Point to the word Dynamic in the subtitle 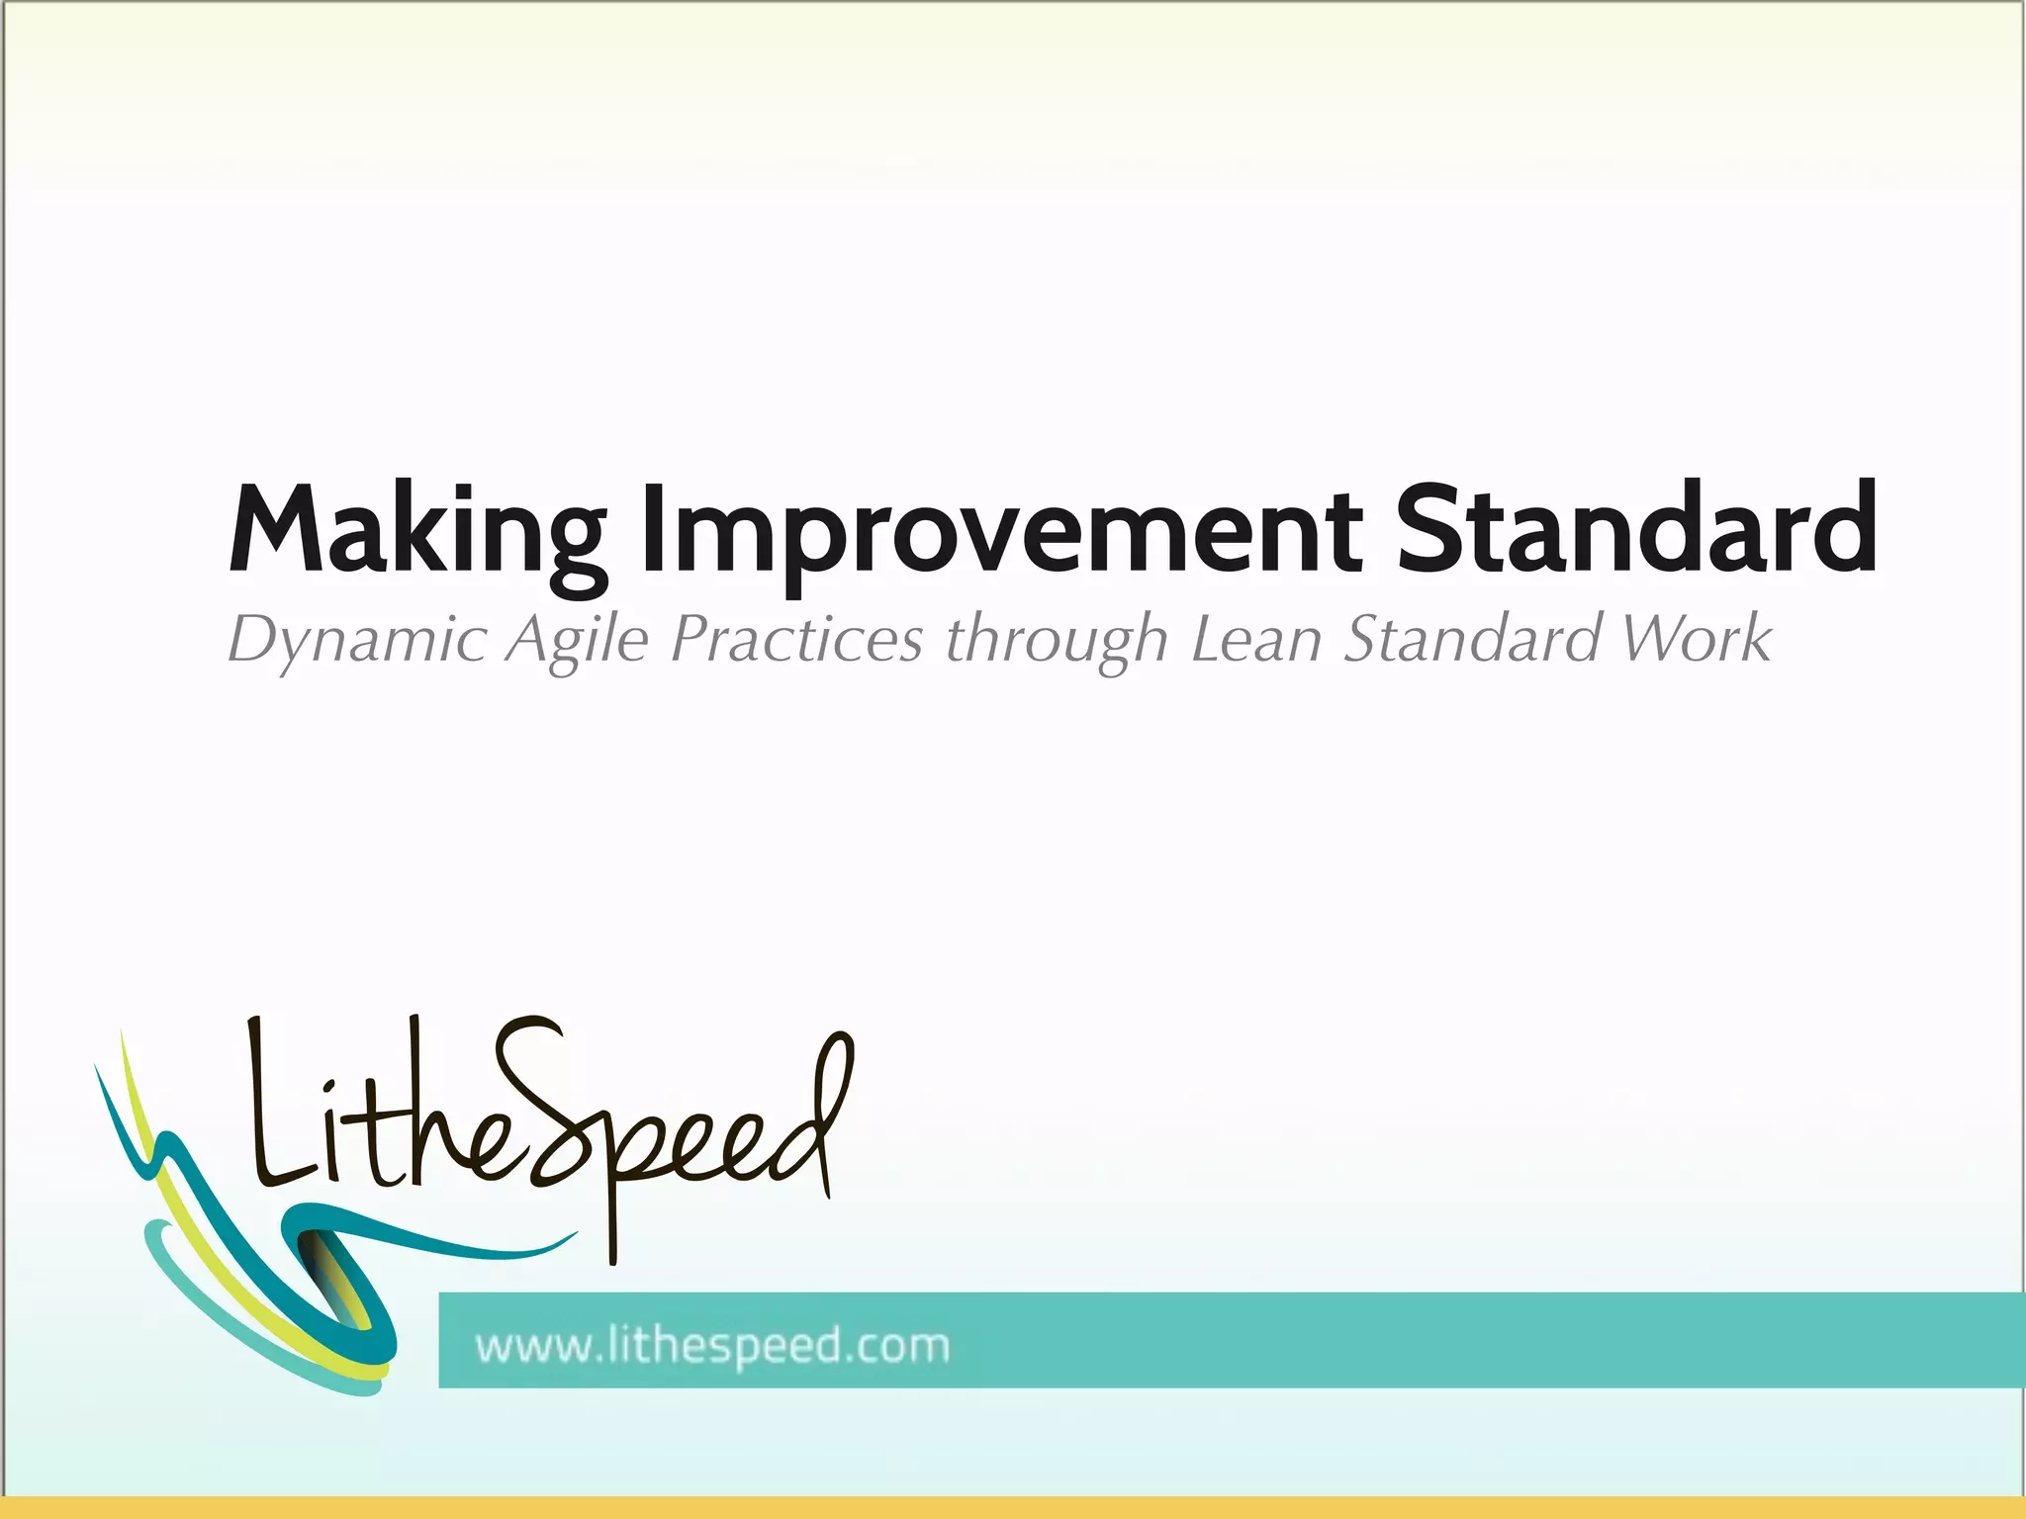tap(356, 640)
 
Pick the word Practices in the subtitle tap(796, 638)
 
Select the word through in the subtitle tap(1056, 640)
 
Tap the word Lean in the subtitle tap(1256, 638)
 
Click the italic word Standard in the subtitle tap(1472, 638)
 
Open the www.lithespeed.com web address tap(712, 1346)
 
